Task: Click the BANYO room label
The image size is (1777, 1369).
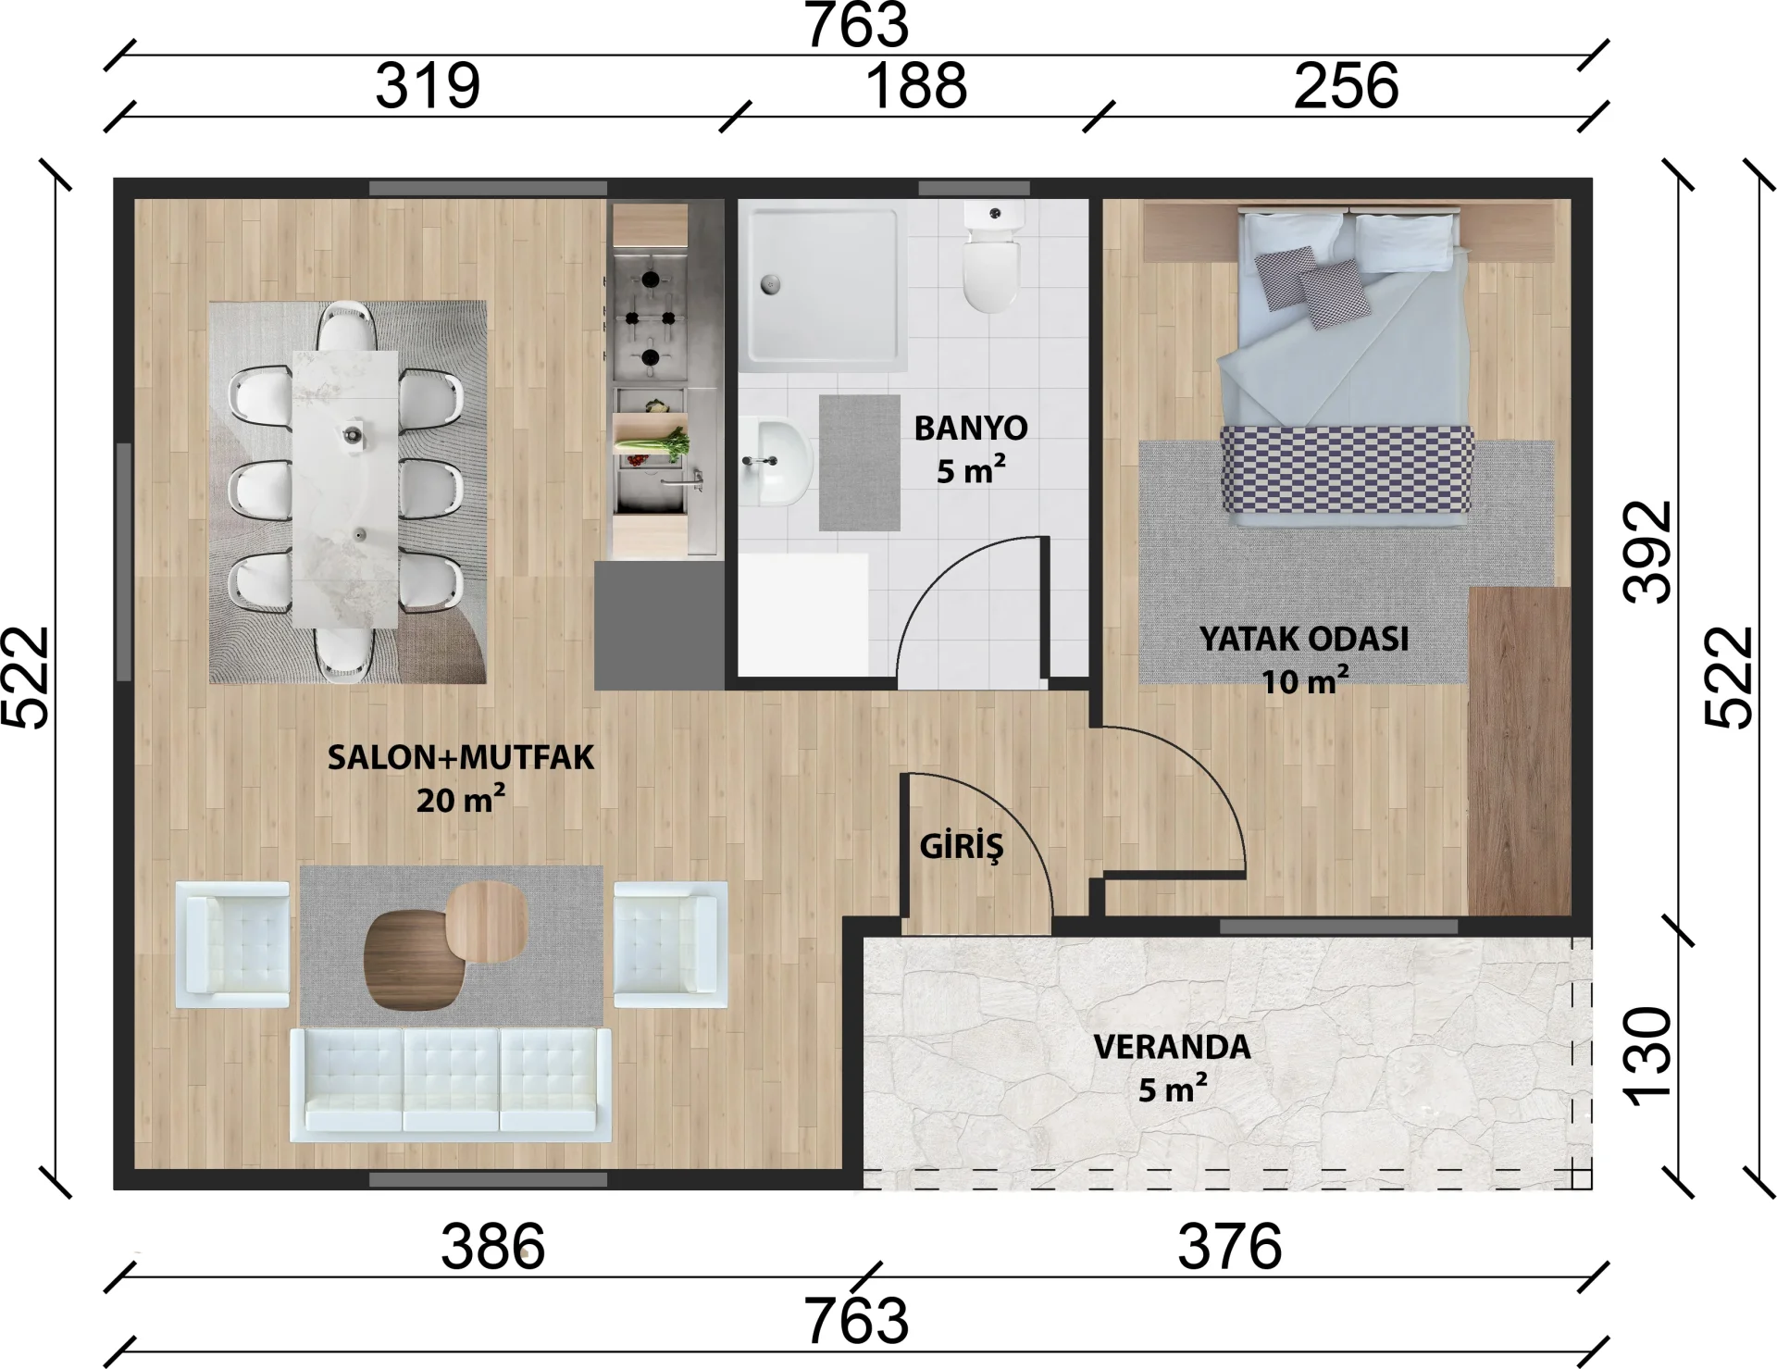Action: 971,429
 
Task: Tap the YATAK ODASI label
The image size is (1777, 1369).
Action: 1304,639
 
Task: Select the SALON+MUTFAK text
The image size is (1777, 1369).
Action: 461,757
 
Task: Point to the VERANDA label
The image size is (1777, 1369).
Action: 1172,1047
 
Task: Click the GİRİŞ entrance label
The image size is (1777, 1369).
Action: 961,846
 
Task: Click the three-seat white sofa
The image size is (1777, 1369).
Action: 451,1085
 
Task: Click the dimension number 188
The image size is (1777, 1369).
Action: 916,85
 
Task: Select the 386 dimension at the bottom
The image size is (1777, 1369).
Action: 492,1246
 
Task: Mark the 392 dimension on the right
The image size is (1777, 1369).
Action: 1649,553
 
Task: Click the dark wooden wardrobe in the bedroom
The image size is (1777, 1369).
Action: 1520,751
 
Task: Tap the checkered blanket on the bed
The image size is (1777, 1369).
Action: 1347,469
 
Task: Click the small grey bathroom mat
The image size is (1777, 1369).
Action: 860,463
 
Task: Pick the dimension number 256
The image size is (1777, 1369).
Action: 1346,85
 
